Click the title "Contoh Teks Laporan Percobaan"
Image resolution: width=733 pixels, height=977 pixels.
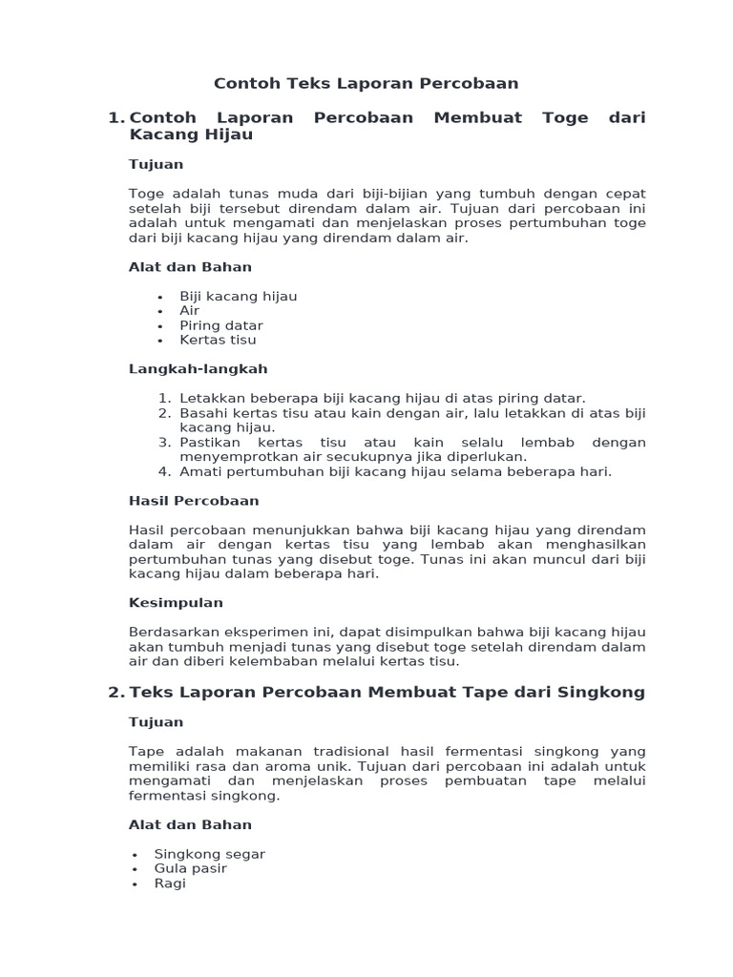click(366, 84)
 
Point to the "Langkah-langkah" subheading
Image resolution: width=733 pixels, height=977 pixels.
click(198, 369)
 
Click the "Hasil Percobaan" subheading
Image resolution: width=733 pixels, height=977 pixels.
click(194, 501)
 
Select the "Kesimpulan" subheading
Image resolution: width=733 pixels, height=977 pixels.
click(176, 603)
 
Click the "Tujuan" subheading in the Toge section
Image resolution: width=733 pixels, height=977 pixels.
click(156, 165)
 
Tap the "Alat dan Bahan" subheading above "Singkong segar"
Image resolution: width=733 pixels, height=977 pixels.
click(190, 825)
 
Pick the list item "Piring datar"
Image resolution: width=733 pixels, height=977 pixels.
click(220, 325)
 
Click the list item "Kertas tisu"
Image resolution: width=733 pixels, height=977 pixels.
click(218, 340)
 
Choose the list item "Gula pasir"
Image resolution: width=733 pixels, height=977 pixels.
click(190, 869)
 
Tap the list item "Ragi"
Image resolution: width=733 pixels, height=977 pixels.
click(170, 883)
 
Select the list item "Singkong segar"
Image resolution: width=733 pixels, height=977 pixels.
click(209, 854)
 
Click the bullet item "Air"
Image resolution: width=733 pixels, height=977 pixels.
click(189, 311)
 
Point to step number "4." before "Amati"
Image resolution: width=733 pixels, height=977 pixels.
click(164, 471)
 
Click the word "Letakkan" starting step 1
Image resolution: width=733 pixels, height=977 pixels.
click(208, 398)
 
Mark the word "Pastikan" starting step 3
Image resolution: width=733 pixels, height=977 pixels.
click(208, 443)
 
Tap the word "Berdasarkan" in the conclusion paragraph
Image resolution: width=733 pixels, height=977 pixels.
click(173, 632)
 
